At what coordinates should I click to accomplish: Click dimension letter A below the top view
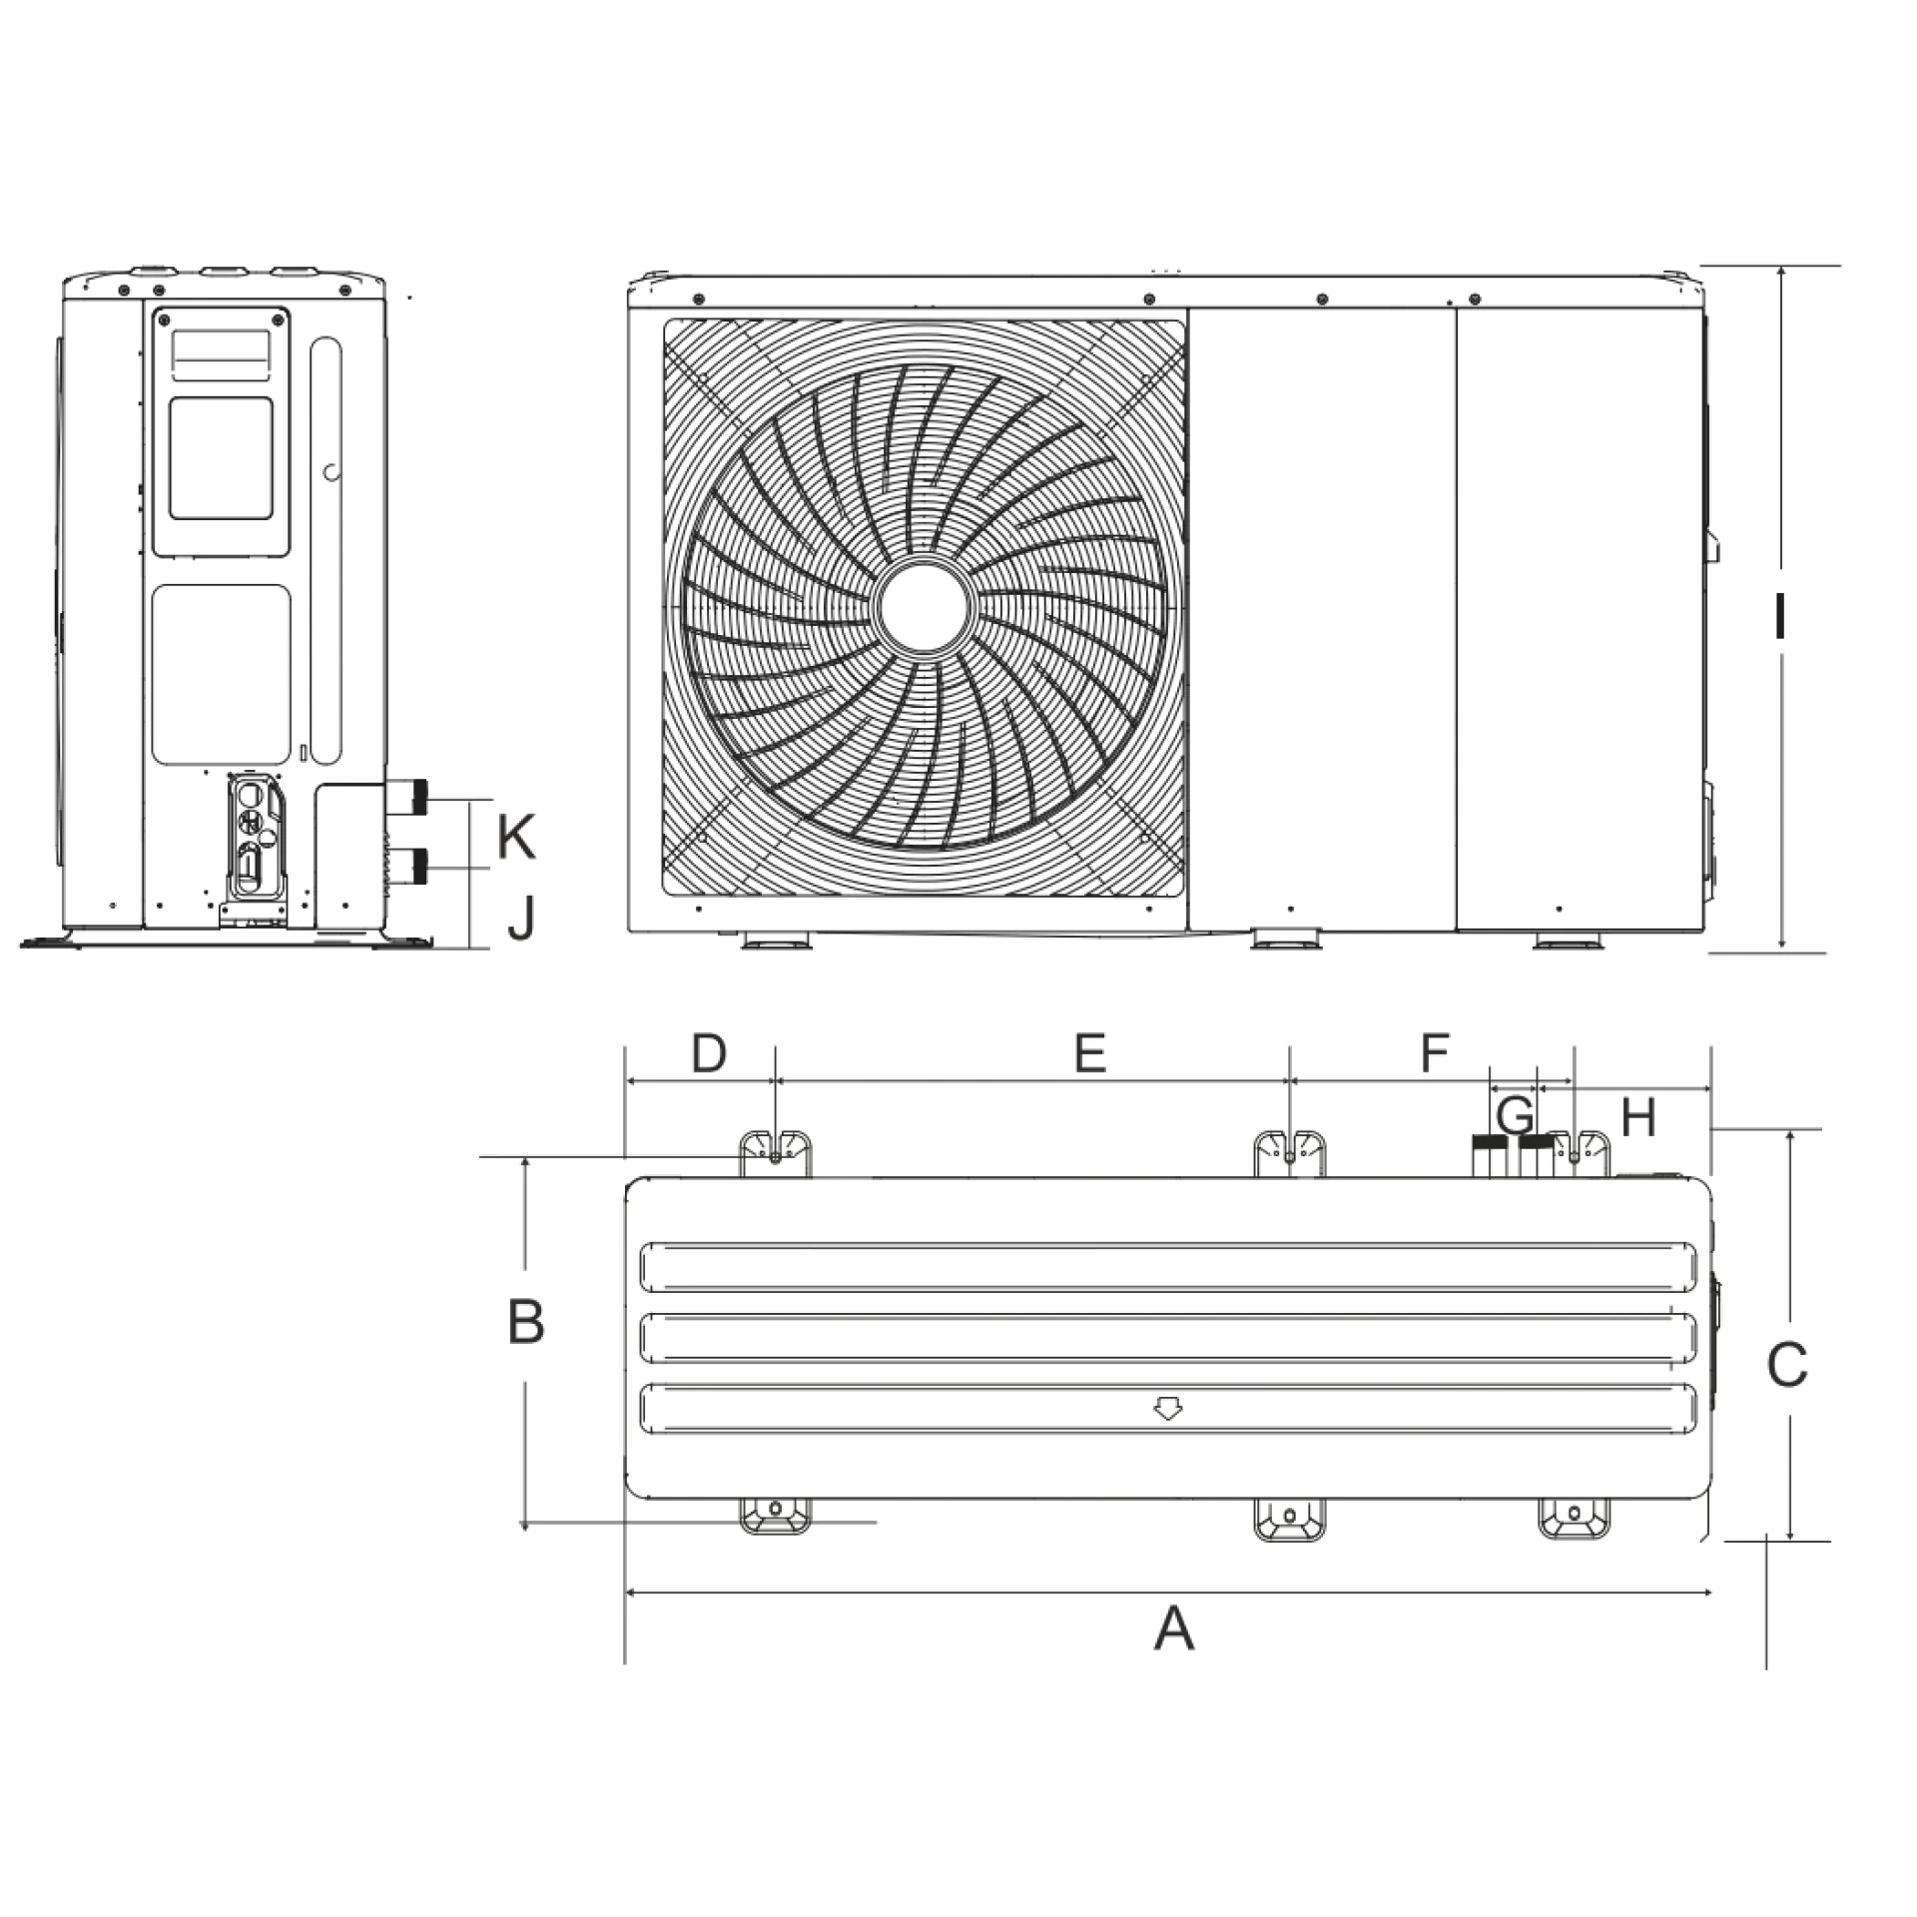pos(1174,1628)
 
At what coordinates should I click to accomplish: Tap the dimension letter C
pos(1786,1365)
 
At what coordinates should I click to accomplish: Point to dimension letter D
pos(709,1052)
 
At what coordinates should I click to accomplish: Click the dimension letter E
pos(1090,1052)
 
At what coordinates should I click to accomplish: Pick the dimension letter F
pos(1434,1052)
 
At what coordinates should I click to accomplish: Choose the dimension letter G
pos(1515,1114)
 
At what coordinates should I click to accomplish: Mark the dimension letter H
pos(1638,1116)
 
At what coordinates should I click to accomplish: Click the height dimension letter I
pos(1779,616)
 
